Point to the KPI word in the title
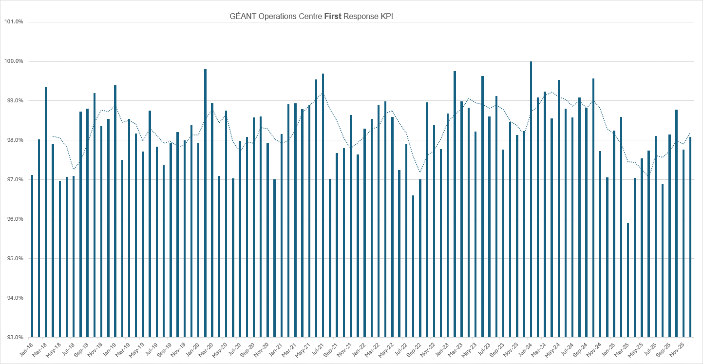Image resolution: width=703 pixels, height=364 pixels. [x=385, y=16]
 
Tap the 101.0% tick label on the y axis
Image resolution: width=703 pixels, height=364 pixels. [x=14, y=22]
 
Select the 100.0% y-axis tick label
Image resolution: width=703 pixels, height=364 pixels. [x=14, y=61]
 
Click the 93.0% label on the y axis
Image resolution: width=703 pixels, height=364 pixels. [x=14, y=337]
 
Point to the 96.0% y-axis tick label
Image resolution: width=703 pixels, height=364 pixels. [x=14, y=219]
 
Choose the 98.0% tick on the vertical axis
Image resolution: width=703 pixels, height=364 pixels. [x=14, y=140]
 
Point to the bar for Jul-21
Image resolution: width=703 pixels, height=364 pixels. [x=323, y=205]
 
